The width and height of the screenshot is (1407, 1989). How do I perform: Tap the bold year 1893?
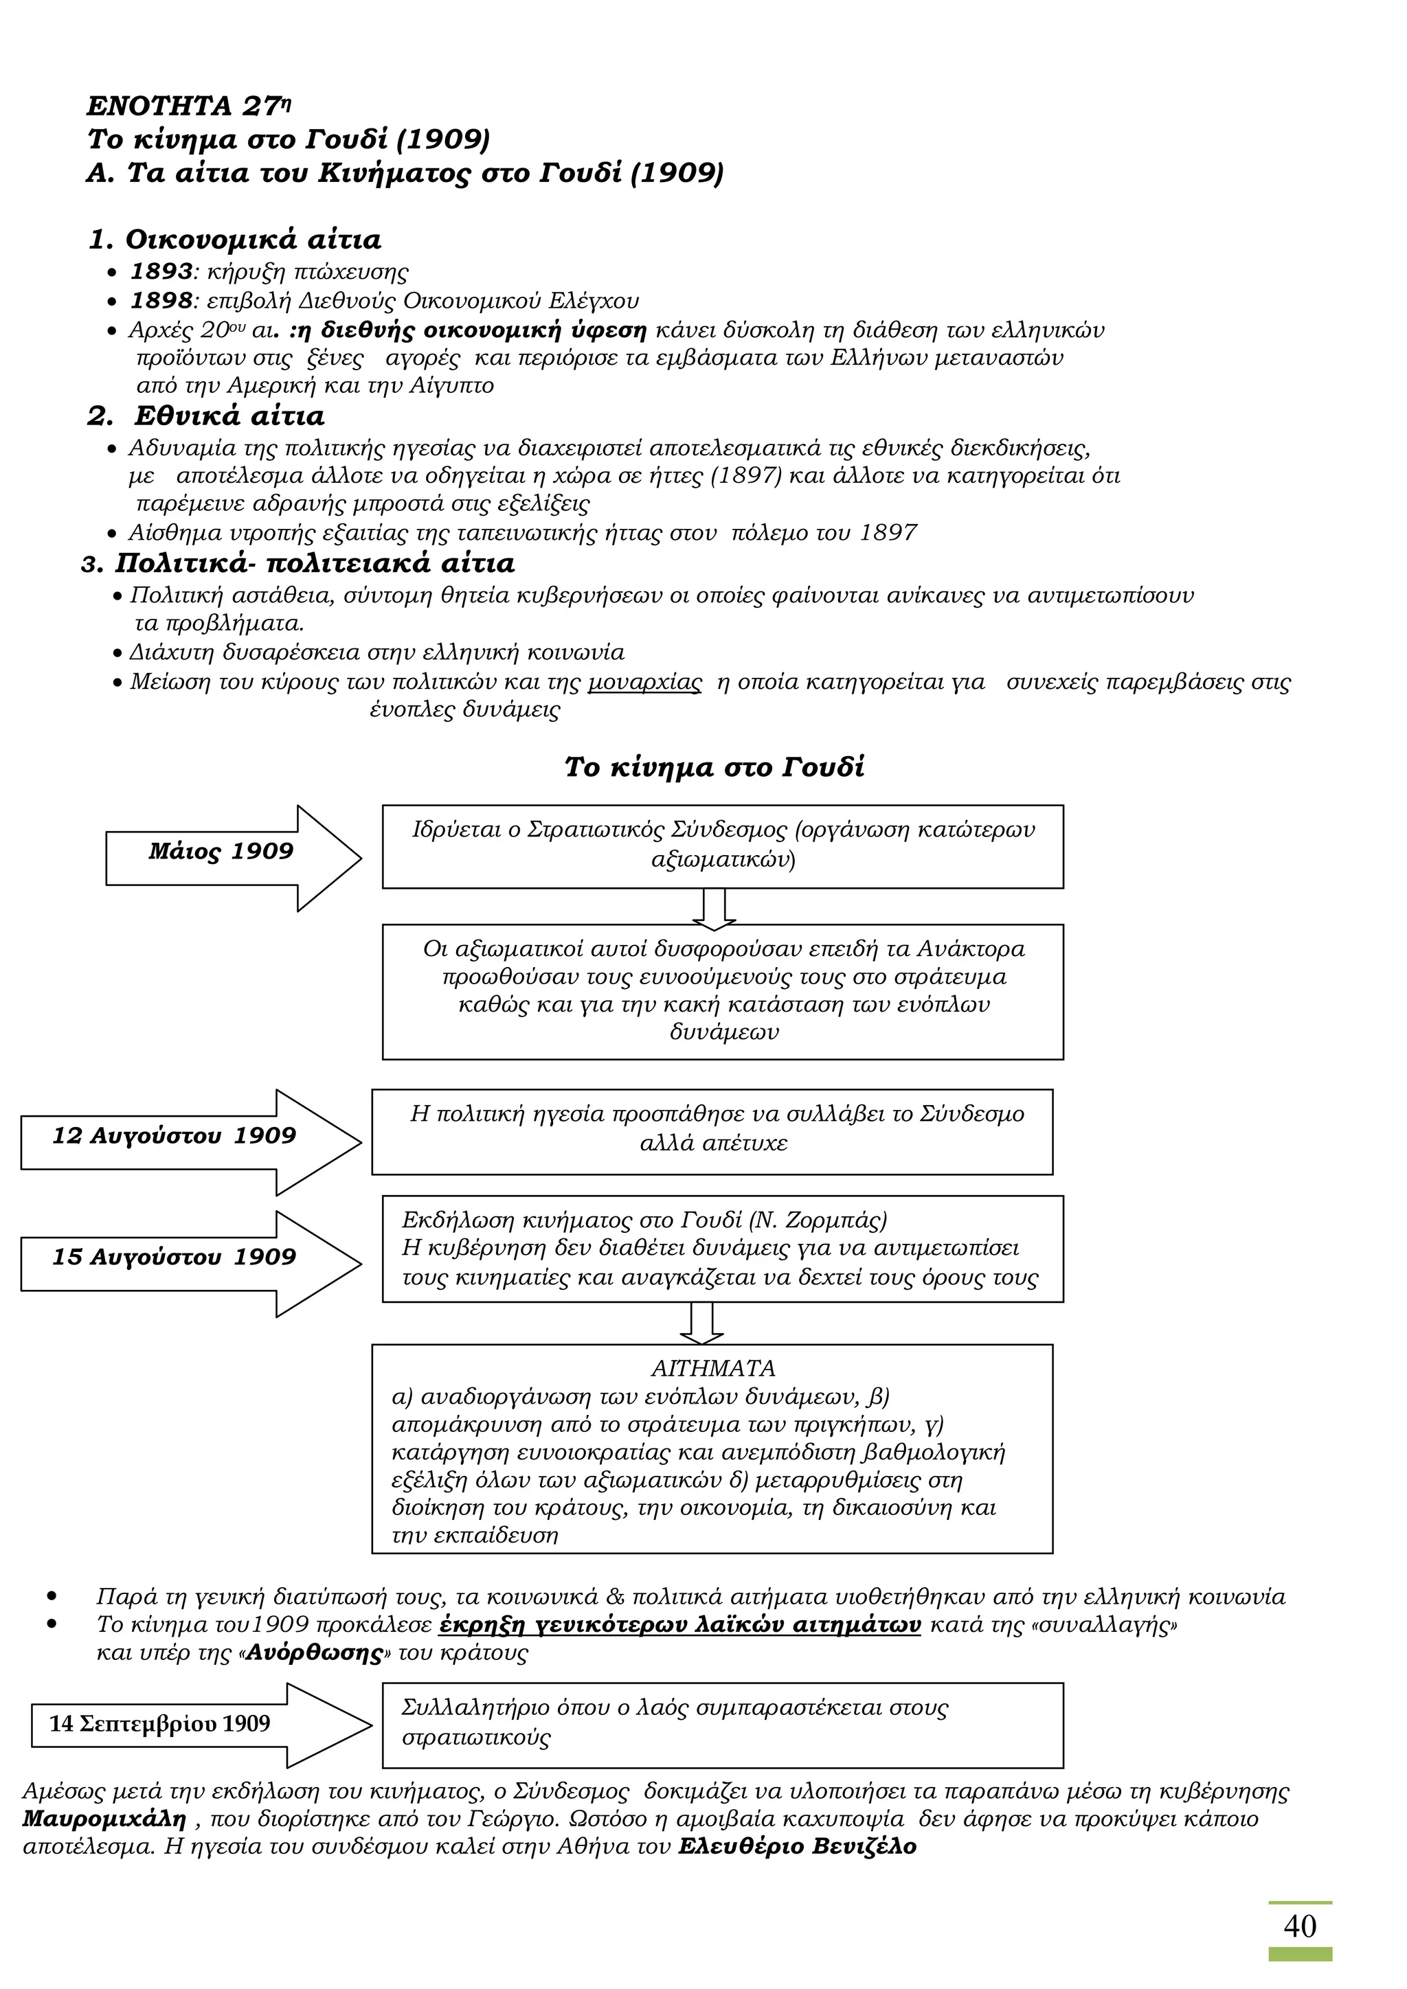coord(161,271)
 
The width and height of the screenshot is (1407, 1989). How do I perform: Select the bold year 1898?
coord(161,301)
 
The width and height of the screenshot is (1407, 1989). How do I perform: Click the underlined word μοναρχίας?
coord(644,683)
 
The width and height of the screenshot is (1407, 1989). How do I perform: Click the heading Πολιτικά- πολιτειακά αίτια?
coord(314,564)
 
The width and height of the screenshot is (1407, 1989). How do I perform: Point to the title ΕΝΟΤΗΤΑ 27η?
coord(188,106)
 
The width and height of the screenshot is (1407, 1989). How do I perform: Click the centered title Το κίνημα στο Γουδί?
coord(714,768)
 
